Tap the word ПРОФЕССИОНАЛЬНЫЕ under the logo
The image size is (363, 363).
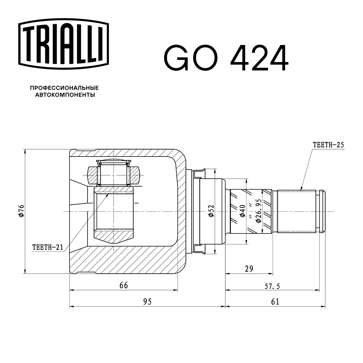[64, 88]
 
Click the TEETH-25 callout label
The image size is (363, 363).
[328, 144]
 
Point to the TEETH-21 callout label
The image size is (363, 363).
[48, 248]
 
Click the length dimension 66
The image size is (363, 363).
[123, 285]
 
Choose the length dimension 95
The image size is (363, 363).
[147, 301]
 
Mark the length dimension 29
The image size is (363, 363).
[249, 269]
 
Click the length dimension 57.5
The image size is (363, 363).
[272, 286]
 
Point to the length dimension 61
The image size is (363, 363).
[275, 302]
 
